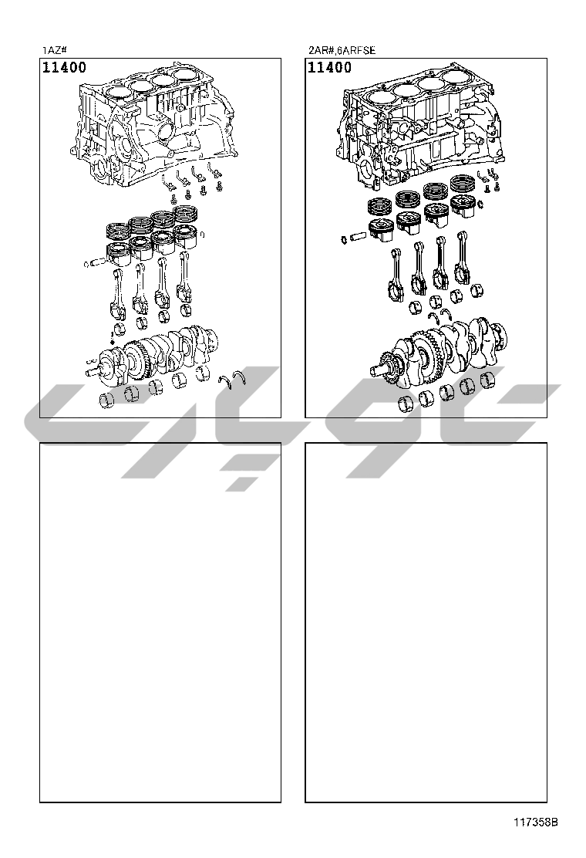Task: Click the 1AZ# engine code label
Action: click(x=55, y=50)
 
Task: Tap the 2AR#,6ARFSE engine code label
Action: click(x=342, y=50)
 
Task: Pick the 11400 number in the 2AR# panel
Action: click(x=330, y=67)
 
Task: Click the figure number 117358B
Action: click(x=535, y=822)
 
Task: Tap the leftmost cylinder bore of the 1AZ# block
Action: click(x=118, y=93)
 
